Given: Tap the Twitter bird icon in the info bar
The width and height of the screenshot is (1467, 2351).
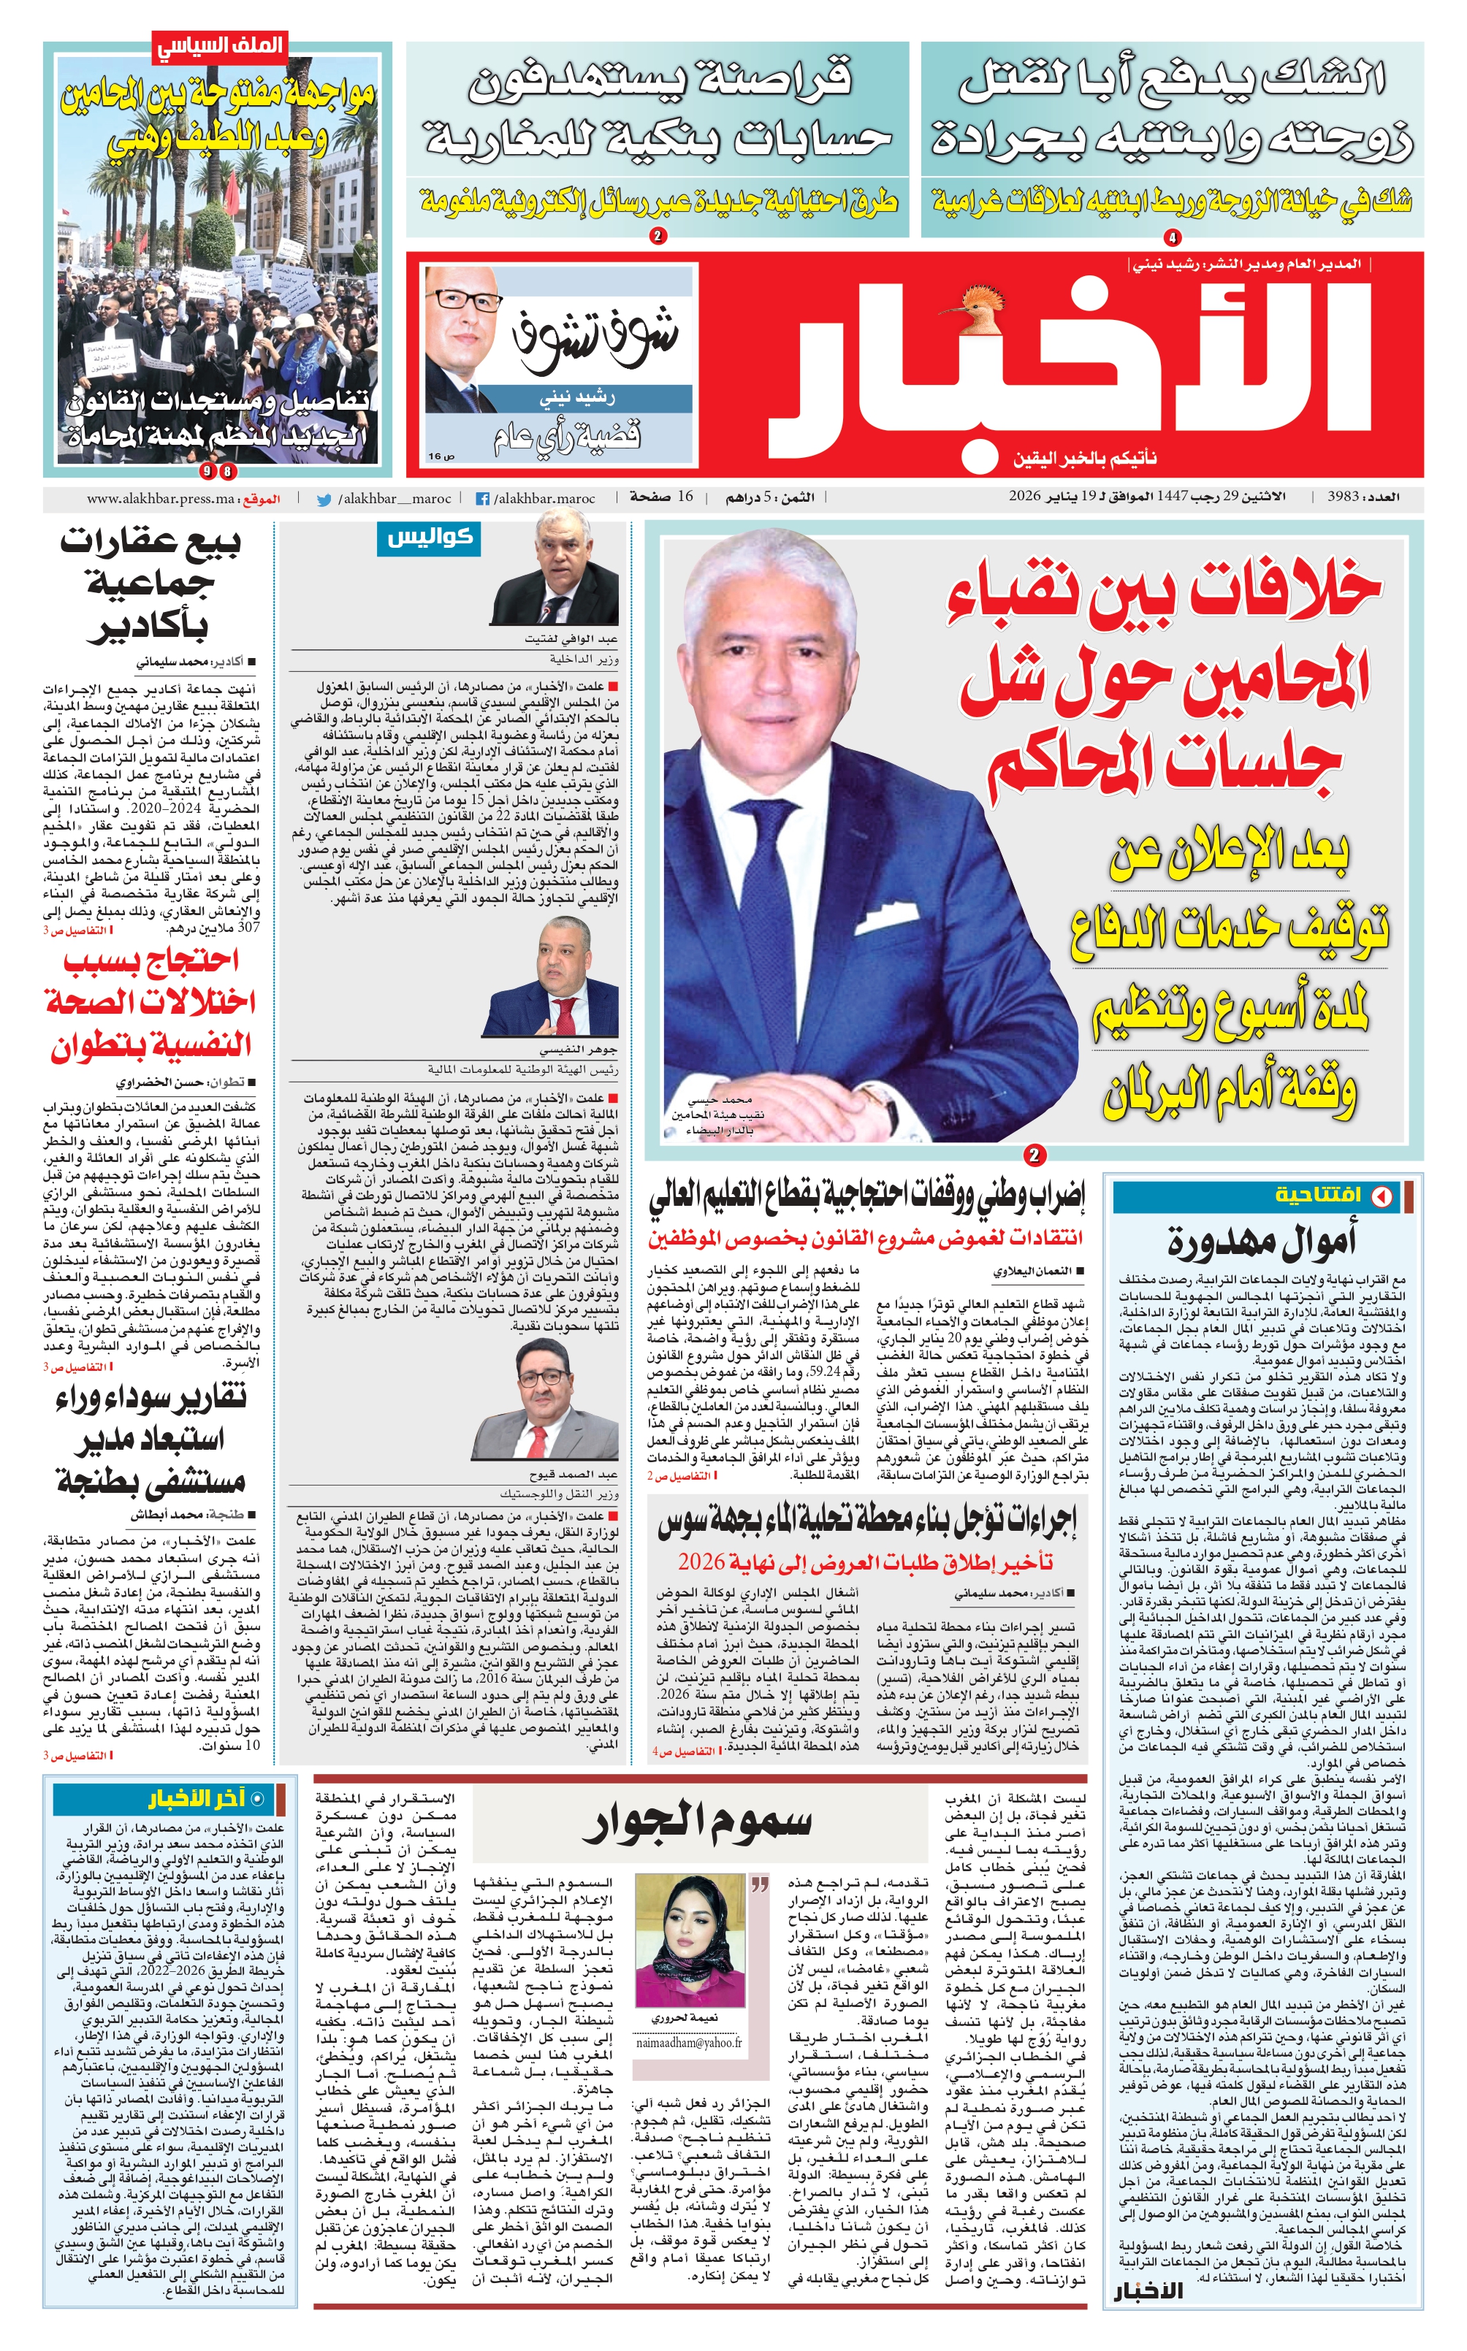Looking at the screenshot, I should coord(324,500).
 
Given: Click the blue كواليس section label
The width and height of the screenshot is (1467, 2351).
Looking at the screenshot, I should coord(428,538).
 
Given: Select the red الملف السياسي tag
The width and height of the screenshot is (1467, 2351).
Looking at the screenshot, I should coord(218,45).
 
